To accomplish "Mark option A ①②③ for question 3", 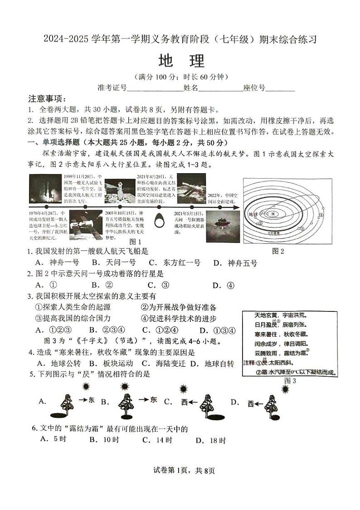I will tap(55, 330).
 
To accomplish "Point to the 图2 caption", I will tap(278, 251).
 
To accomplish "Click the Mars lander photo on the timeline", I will tap(220, 222).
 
